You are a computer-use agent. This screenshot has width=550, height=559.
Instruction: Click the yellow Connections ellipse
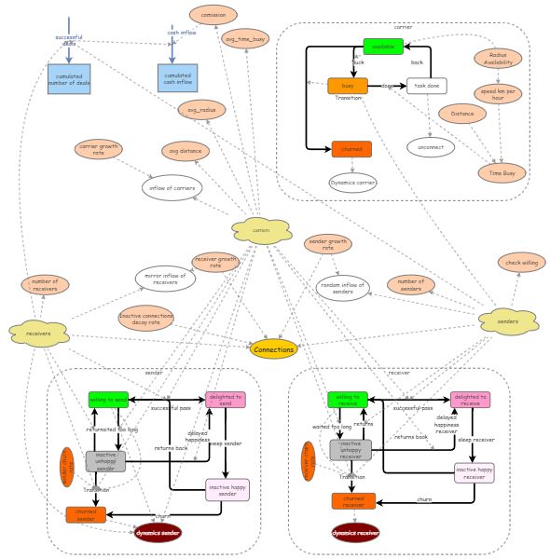tap(274, 349)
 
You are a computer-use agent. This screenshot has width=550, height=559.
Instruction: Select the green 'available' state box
tap(382, 47)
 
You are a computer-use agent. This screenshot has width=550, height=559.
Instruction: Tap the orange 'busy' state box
tap(348, 86)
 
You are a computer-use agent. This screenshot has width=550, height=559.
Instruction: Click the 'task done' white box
tap(426, 86)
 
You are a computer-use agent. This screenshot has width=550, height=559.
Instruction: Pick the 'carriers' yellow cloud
tap(261, 230)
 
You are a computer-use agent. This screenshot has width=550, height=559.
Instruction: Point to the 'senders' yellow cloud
tap(508, 320)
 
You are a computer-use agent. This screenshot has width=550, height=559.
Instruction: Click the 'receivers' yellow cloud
tap(38, 333)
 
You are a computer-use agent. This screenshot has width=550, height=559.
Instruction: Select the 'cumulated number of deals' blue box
tap(69, 78)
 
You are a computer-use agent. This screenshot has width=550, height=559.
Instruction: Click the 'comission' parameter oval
tap(213, 14)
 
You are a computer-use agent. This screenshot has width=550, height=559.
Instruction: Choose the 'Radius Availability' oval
tap(498, 58)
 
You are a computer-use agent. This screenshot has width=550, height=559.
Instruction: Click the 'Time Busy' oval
tap(502, 172)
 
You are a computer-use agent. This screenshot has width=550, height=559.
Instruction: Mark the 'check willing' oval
tap(521, 263)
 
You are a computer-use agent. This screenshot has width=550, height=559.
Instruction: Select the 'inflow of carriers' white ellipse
tap(172, 187)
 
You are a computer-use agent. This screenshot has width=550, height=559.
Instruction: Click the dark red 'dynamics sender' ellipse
tap(157, 533)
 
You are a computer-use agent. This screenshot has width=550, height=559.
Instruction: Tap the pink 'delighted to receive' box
tap(470, 400)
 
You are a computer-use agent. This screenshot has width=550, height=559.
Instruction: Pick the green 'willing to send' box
tap(108, 400)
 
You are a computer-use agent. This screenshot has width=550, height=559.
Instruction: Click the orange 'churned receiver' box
tap(353, 501)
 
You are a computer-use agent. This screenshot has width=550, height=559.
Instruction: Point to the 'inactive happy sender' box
tap(227, 489)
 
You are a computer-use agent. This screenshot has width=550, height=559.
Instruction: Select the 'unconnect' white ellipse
tap(431, 146)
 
